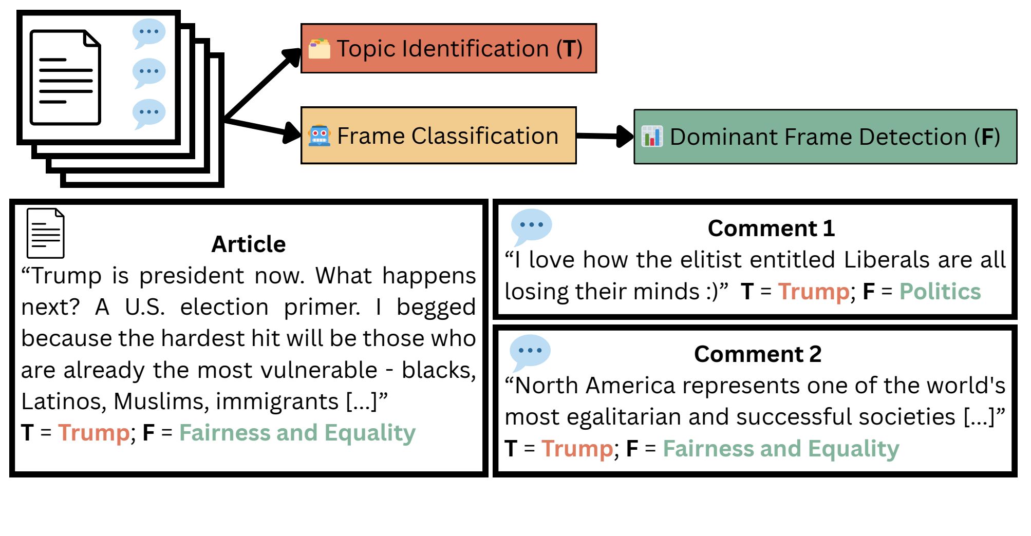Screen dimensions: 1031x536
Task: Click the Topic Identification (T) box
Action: point(448,48)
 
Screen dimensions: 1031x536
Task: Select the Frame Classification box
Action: point(438,136)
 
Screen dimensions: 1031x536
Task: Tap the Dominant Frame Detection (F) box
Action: point(825,137)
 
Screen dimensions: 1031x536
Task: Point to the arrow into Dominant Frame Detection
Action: point(605,136)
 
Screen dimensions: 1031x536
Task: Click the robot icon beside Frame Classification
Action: point(319,136)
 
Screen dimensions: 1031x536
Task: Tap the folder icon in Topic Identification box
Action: point(319,49)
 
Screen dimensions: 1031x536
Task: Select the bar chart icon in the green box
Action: point(652,137)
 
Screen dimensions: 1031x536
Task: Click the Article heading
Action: point(249,244)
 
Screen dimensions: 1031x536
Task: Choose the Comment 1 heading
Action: point(771,228)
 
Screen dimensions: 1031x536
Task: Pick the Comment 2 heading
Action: point(758,354)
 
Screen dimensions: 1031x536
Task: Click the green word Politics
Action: point(940,291)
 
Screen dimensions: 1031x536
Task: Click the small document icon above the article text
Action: point(45,233)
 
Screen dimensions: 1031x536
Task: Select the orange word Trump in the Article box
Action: point(94,433)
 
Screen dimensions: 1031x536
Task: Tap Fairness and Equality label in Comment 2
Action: point(781,449)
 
